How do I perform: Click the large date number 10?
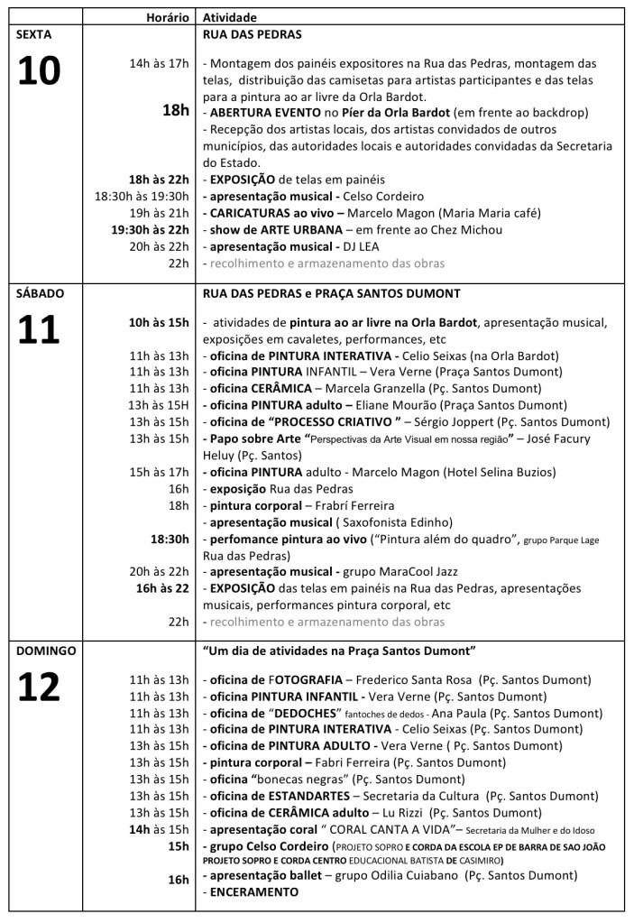(40, 72)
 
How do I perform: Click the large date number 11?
(40, 329)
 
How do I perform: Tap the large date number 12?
(40, 687)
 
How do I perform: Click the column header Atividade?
(229, 17)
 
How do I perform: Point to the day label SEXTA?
(34, 34)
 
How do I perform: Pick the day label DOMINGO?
(45, 650)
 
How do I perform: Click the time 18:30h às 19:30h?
(142, 196)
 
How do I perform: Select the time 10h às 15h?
(159, 322)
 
